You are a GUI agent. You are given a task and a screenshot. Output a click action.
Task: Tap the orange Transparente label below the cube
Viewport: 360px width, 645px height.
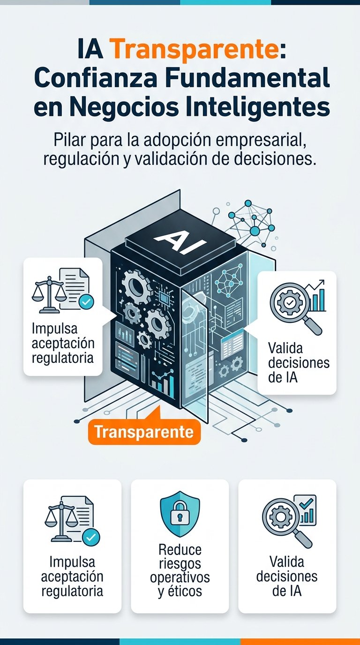(x=144, y=432)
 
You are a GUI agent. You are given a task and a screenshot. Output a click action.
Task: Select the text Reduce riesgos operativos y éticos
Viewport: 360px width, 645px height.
(x=180, y=570)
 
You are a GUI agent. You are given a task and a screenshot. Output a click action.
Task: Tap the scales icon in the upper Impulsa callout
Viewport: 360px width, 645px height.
(x=48, y=294)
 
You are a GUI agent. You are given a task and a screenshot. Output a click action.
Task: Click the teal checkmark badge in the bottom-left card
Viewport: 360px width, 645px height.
(x=91, y=537)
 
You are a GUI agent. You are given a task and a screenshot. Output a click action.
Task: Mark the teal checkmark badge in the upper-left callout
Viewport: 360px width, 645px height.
(x=85, y=302)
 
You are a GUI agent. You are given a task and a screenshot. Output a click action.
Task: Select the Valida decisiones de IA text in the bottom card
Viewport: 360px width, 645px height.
(x=287, y=576)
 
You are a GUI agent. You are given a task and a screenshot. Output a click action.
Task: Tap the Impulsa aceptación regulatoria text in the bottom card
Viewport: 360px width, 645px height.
(x=72, y=576)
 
